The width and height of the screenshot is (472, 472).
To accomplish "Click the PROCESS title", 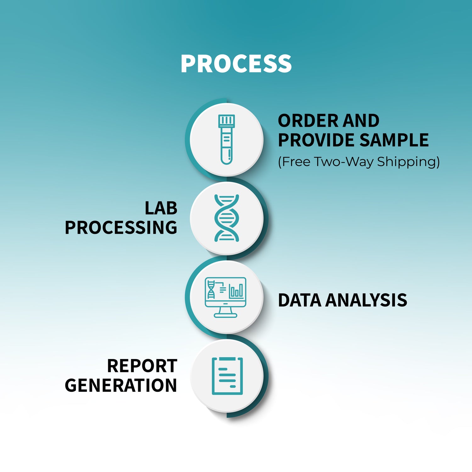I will point(236,64).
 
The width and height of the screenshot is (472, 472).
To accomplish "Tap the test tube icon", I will point(227,139).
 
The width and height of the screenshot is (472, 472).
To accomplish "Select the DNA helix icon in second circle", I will point(227,218).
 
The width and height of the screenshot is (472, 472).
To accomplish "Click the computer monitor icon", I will point(225,297).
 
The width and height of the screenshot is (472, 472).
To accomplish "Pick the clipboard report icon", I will point(227,376).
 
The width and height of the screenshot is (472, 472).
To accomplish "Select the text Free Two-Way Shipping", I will point(359,162).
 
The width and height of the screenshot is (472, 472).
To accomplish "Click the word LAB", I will point(161,208).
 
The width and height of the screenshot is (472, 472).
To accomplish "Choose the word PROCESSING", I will point(121,228).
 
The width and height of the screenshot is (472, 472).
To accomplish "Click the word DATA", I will point(299,300).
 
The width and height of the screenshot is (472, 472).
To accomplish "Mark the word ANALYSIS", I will point(366,300).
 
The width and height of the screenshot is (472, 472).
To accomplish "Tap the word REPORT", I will point(142,366).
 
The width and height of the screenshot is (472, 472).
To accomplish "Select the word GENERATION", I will point(121,385).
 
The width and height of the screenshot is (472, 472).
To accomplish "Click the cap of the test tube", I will point(227,120).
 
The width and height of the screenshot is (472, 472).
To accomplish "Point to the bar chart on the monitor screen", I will point(236,291).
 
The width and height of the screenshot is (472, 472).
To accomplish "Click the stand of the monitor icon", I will point(225,312).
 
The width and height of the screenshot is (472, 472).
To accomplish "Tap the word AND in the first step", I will point(361,121).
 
